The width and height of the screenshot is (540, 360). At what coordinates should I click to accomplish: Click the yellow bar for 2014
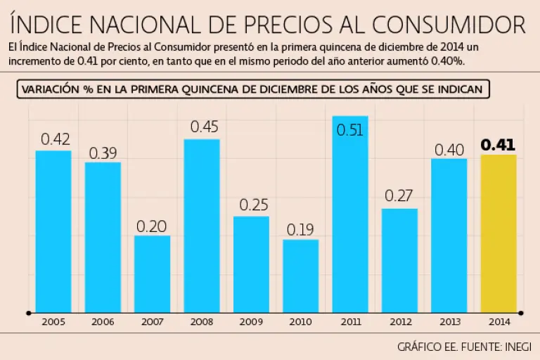(x=498, y=233)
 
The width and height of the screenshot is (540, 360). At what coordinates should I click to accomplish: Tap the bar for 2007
(x=152, y=274)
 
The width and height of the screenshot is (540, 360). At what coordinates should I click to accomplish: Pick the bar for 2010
(x=301, y=276)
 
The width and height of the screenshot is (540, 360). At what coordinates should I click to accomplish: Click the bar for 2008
(x=202, y=226)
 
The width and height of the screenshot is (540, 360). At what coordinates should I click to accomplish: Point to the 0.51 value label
(x=350, y=130)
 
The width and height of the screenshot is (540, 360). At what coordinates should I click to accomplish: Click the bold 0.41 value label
(x=498, y=146)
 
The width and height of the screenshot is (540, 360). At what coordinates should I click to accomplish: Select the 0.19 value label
(x=301, y=230)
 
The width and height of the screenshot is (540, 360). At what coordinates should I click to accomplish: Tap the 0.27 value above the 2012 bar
(x=399, y=196)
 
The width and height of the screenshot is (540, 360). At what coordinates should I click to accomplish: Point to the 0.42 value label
(x=54, y=139)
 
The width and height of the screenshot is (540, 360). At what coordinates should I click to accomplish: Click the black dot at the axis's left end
(x=28, y=312)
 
